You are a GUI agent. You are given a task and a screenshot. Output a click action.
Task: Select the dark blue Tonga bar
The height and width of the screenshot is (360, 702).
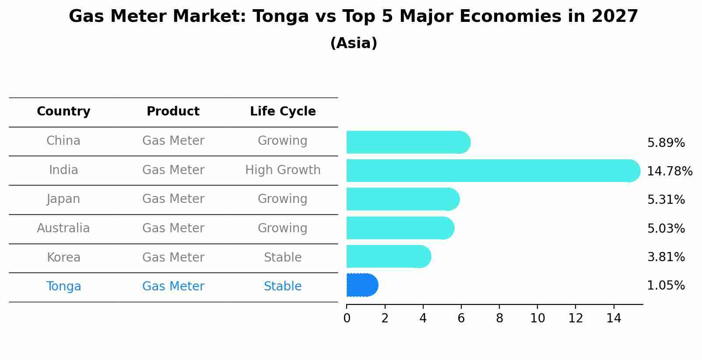(362, 285)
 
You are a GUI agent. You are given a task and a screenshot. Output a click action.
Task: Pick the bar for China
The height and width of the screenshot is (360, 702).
(408, 142)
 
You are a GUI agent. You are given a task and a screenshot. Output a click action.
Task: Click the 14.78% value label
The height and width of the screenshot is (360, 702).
(670, 171)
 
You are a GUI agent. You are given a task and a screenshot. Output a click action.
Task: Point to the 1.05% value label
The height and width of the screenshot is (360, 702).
(666, 286)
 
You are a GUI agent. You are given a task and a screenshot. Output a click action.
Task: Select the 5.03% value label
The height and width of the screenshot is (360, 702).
(666, 228)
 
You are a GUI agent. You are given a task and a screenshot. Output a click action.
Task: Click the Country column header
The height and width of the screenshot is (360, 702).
(63, 112)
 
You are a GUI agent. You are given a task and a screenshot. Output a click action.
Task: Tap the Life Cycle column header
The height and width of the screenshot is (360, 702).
(283, 112)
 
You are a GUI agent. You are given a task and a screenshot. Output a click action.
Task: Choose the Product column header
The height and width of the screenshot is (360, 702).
(173, 112)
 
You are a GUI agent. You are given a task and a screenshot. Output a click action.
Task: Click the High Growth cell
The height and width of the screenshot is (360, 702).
(283, 170)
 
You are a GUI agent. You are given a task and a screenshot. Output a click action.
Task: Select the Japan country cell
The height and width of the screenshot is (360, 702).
(63, 199)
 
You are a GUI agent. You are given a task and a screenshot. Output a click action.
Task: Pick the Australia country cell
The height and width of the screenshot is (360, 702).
(63, 228)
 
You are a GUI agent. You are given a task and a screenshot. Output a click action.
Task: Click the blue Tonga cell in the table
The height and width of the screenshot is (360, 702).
(63, 287)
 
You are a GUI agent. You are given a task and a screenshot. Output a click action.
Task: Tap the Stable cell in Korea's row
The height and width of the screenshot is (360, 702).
(283, 258)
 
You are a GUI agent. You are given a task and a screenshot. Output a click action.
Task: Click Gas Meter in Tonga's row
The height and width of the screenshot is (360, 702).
(173, 287)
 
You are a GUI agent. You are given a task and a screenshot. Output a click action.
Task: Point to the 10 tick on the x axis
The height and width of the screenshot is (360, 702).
(537, 318)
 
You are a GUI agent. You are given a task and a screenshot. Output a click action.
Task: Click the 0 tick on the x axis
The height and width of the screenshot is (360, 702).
(347, 318)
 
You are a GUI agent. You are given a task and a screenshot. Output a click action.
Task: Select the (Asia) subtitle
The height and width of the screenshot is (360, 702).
(354, 43)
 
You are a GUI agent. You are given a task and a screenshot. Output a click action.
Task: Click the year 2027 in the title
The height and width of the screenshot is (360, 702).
(614, 17)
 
